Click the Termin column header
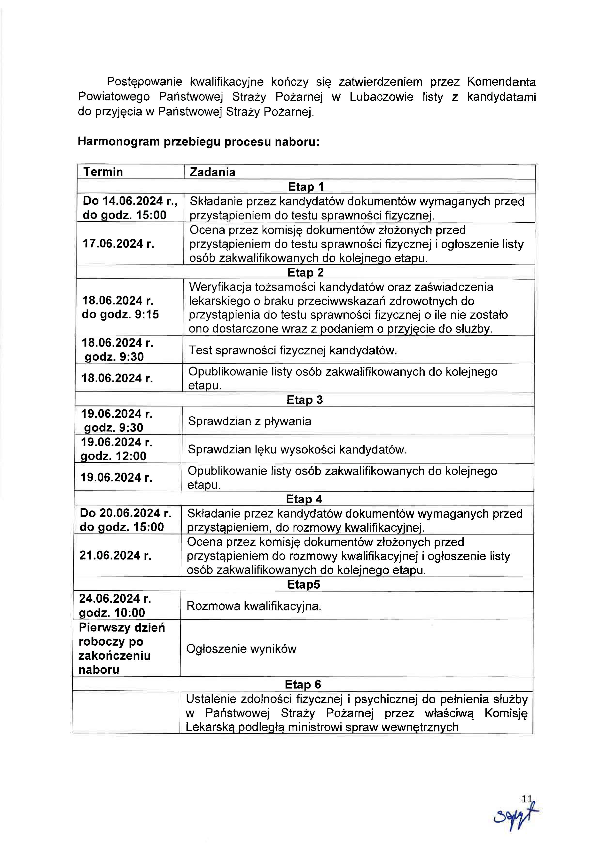pos(103,172)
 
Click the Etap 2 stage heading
pos(305,272)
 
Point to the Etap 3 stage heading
pos(304,400)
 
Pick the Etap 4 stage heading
pos(304,499)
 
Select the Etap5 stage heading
pos(303,584)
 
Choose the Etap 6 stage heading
pos(303,684)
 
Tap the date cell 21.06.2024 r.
pos(116,556)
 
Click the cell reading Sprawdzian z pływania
pos(250,421)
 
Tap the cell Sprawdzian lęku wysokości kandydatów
pos(297,450)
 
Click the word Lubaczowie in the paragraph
pos(382,97)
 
